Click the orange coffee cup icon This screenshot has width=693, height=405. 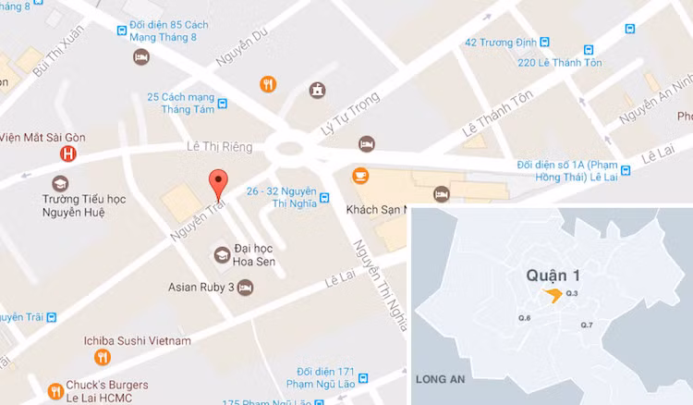pos(358,175)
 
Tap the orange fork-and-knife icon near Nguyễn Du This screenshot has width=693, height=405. pos(267,84)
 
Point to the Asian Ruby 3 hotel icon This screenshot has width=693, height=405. pos(245,288)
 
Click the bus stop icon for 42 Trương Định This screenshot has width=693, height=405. pos(544,42)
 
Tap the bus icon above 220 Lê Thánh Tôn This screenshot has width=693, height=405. pos(587,50)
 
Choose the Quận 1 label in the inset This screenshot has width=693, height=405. pos(552,275)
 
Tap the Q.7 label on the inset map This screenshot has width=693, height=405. pos(586,325)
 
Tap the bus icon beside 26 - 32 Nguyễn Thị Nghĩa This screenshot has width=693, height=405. pos(324,197)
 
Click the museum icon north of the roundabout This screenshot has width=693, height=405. pos(318,90)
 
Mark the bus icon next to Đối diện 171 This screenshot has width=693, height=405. pos(363,378)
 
